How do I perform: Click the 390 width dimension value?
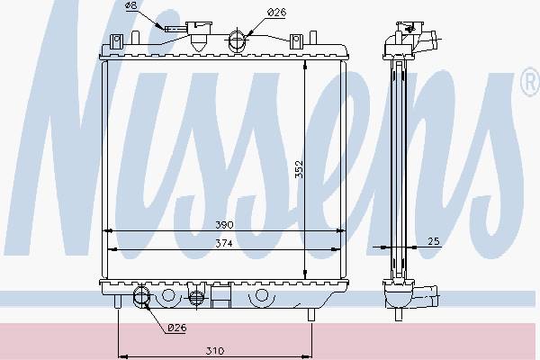(x=224, y=225)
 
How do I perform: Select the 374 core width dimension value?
(x=224, y=244)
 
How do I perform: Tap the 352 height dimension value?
(x=300, y=169)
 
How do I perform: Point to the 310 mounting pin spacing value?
(x=215, y=351)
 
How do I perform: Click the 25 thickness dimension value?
(x=434, y=241)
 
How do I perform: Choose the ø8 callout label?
(x=130, y=5)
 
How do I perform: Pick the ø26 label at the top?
(x=276, y=13)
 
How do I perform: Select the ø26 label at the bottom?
(x=177, y=328)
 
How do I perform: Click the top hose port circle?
(x=237, y=40)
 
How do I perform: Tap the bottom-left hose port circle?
(x=141, y=296)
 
